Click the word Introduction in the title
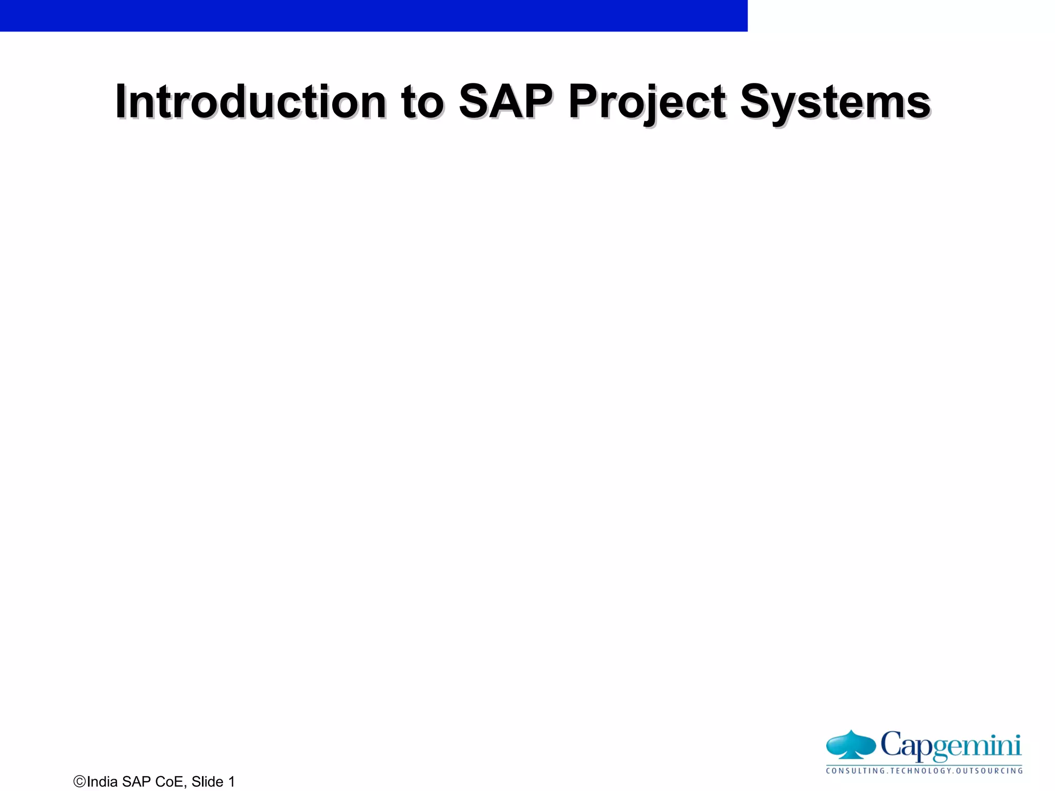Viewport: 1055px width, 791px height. coord(250,101)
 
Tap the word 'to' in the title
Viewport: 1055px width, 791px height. coord(422,101)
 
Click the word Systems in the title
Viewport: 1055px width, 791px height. coord(835,101)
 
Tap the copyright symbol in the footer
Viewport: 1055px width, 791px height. coord(80,781)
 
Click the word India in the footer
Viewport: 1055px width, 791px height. coord(103,781)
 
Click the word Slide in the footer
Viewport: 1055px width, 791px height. coord(208,781)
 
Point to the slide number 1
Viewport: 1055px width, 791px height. coord(231,781)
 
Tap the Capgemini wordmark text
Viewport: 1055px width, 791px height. coord(950,745)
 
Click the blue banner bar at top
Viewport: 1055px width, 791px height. coord(373,15)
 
